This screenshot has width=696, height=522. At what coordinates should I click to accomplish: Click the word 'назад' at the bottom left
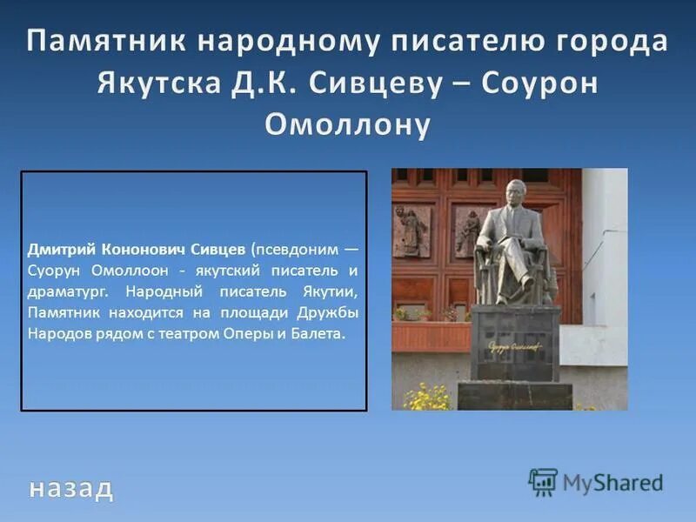(70, 488)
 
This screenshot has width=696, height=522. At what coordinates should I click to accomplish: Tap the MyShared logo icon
(543, 482)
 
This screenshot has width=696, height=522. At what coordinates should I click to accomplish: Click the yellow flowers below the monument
(426, 398)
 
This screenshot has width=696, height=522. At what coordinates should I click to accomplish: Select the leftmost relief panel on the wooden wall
(411, 231)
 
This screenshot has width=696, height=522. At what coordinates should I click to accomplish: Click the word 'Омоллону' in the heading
(347, 124)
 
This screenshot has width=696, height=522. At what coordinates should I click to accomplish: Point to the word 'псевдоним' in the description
(298, 248)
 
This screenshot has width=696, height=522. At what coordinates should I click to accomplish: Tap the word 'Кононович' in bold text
(144, 248)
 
